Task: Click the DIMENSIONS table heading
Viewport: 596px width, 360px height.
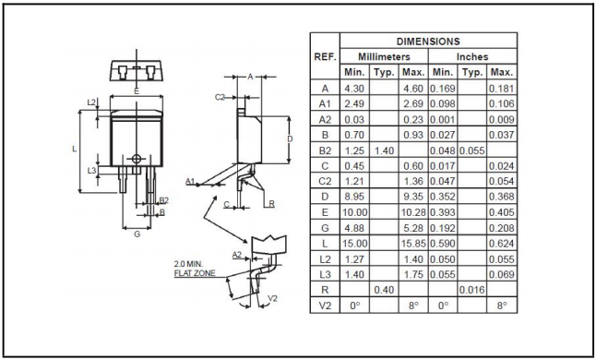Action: tap(428, 41)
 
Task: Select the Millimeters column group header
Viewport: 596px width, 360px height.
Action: tap(384, 56)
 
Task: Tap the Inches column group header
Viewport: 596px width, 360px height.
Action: tap(472, 56)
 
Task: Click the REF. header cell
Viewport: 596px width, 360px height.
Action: tap(325, 57)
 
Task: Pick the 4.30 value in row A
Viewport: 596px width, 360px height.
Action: tap(354, 89)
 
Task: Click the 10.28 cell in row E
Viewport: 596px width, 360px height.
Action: tap(413, 212)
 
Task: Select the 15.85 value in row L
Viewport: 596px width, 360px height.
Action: tap(413, 244)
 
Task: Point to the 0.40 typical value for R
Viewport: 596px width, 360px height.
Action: tap(384, 290)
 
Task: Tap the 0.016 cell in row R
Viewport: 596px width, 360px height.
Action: tap(472, 290)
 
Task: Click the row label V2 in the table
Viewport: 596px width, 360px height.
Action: tap(325, 306)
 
